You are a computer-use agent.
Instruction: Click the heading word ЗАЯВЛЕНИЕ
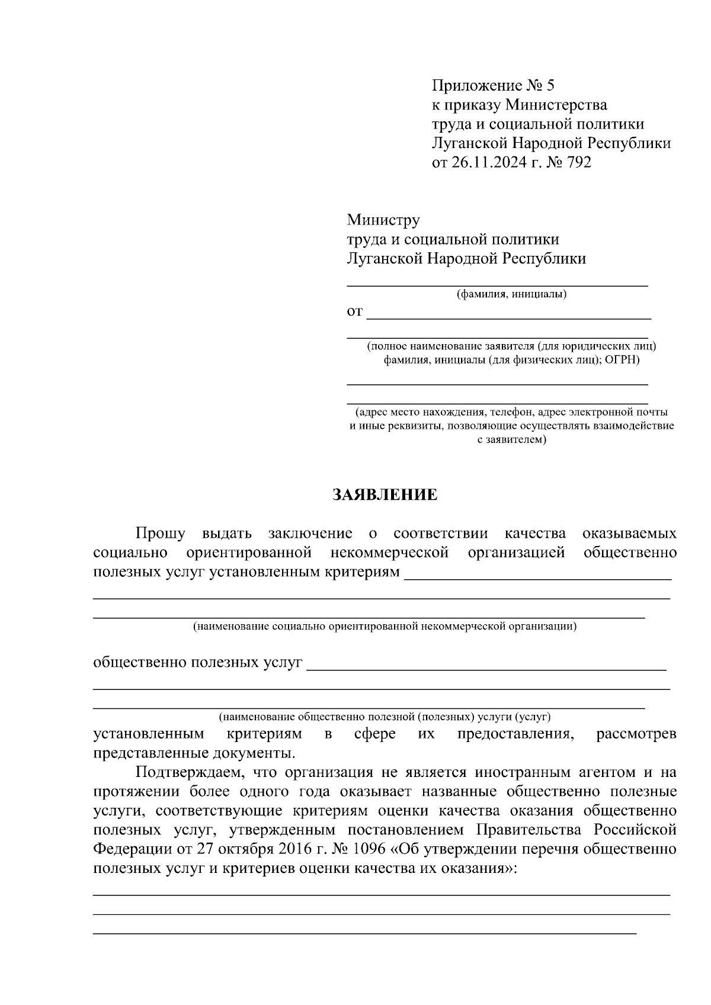[385, 495]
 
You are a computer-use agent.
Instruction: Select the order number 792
[579, 162]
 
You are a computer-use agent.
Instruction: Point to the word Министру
[383, 220]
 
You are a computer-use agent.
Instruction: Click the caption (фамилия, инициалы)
[511, 294]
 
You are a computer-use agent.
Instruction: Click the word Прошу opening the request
[160, 534]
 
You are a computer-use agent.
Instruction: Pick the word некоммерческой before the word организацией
[389, 553]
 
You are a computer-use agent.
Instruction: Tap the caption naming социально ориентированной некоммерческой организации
[385, 626]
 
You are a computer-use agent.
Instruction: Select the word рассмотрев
[636, 734]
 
